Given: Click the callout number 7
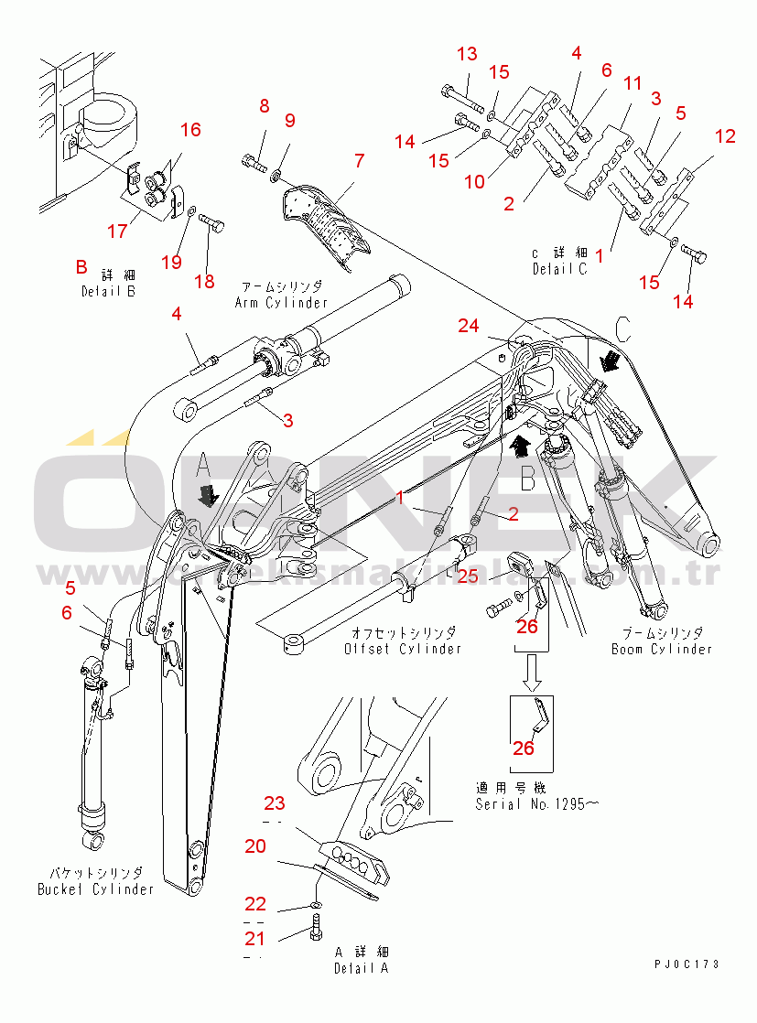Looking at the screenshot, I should [x=359, y=161].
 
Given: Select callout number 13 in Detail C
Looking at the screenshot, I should [x=467, y=54].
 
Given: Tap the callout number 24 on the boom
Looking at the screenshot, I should [x=469, y=326].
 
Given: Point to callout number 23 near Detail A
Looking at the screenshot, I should [x=275, y=804].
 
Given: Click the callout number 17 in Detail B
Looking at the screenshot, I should [x=117, y=232].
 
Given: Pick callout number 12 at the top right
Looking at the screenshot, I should [x=725, y=137].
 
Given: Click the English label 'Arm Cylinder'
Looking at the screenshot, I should [x=281, y=303].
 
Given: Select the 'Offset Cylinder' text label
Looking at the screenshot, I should [x=403, y=649].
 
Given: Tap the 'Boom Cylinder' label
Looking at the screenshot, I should [x=661, y=649].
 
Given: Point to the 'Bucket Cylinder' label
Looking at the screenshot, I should [x=95, y=888].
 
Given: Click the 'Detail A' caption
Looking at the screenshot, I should [x=361, y=968].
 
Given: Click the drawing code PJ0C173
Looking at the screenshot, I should [x=687, y=964].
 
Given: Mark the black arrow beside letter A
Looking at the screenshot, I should [x=210, y=495].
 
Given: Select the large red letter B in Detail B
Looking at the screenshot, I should [x=81, y=267].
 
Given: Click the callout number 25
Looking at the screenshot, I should [x=468, y=576].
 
